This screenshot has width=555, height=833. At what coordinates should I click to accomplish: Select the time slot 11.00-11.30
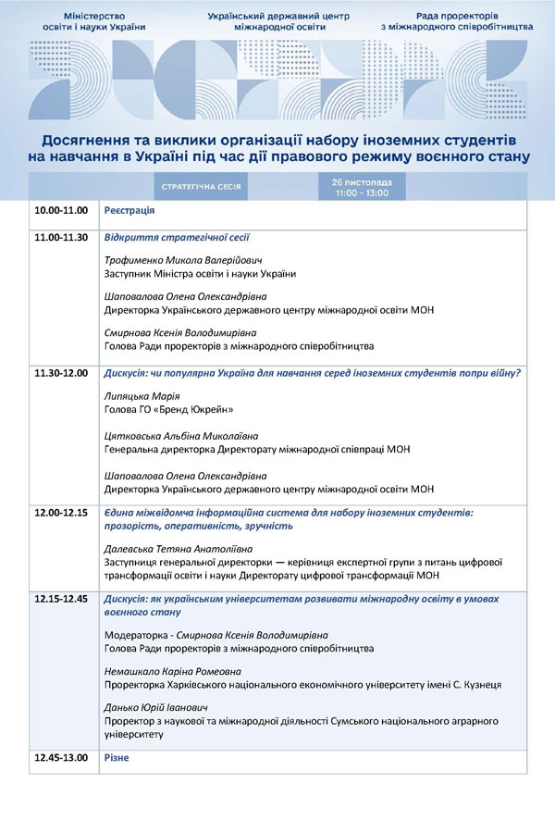(x=61, y=238)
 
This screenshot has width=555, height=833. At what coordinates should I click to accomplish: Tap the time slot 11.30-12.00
(x=61, y=374)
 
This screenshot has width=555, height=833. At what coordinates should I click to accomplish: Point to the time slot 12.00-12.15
(x=61, y=512)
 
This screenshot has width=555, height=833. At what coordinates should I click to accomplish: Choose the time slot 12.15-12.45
(x=61, y=600)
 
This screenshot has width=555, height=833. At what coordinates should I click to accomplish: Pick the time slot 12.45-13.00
(x=61, y=759)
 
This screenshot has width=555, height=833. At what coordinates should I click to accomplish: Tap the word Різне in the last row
(x=117, y=759)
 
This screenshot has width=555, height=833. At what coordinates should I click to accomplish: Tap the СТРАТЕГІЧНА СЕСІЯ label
(x=202, y=186)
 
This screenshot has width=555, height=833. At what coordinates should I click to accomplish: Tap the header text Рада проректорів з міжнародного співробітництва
(x=457, y=22)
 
